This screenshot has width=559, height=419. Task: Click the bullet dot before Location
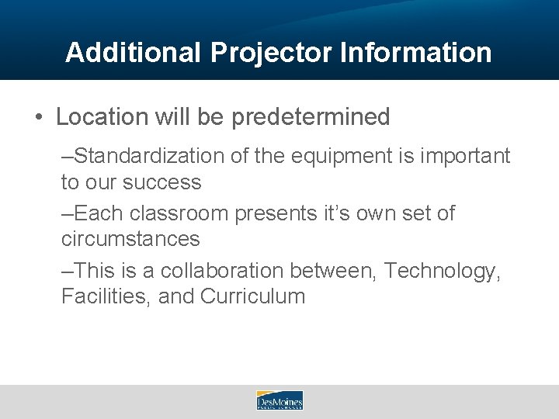(x=38, y=118)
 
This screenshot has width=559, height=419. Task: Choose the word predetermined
(x=311, y=117)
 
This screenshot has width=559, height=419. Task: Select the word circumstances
(x=130, y=239)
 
